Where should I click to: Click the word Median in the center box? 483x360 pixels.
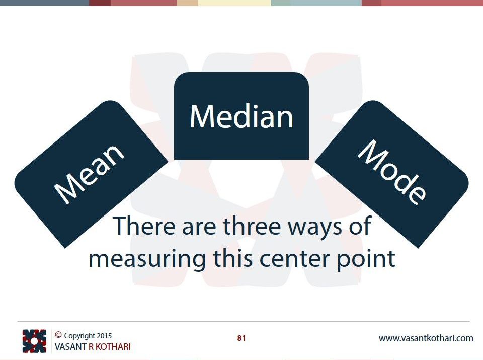[241, 116]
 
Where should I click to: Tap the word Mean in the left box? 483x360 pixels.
[89, 174]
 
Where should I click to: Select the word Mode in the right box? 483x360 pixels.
[392, 172]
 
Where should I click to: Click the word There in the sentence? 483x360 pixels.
[144, 226]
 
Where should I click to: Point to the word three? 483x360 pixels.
[252, 226]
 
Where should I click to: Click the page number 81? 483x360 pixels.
[242, 338]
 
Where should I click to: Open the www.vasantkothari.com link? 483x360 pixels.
[426, 338]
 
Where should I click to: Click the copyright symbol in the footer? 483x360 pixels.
[58, 335]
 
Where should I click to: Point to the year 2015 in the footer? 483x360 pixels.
[104, 336]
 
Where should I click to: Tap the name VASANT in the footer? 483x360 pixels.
[70, 347]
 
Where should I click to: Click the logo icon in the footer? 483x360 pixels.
[34, 341]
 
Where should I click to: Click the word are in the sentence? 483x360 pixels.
[199, 229]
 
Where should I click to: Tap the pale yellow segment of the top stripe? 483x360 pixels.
[234, 3]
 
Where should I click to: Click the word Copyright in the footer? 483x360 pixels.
[79, 336]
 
